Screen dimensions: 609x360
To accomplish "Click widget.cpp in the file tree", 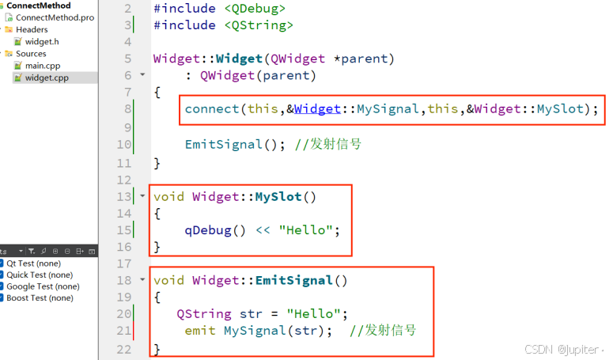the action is [47, 78].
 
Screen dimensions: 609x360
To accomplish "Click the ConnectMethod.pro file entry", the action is [55, 17].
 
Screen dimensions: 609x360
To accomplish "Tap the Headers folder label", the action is [32, 29].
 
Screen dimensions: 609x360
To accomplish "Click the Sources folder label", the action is [31, 54].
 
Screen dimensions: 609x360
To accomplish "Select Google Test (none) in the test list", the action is [43, 286].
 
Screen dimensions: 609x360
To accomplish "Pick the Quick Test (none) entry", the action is [40, 275].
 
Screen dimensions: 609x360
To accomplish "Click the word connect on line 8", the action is [212, 109].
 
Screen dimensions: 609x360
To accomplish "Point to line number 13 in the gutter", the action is [123, 196].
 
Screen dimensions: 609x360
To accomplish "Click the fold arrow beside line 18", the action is [142, 279].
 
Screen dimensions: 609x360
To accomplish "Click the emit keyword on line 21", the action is [200, 330].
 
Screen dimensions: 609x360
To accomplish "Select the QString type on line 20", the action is [204, 313].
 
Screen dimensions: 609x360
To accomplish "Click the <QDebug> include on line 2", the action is [255, 8].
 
